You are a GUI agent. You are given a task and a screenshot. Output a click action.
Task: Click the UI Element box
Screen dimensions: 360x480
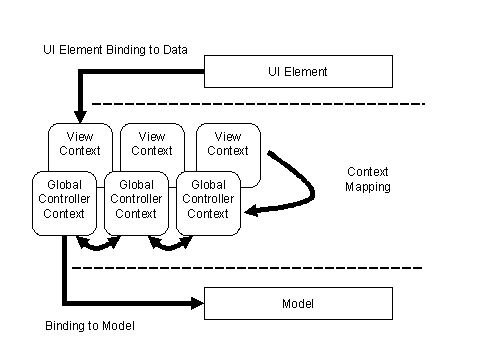tap(298, 72)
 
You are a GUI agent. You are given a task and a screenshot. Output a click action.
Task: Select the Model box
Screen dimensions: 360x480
tap(298, 303)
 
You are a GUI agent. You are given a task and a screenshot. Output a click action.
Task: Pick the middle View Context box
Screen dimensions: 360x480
tap(151, 144)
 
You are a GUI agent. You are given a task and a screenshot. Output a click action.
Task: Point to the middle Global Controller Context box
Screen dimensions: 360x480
tap(136, 200)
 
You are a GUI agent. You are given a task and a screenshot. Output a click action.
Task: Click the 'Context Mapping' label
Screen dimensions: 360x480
tap(367, 179)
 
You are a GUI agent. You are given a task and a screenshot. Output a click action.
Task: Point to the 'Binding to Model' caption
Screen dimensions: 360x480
tap(89, 326)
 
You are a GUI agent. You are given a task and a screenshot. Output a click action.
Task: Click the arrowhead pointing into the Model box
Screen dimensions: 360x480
tap(195, 303)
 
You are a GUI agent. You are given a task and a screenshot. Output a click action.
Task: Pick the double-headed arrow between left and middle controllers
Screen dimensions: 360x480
tap(100, 243)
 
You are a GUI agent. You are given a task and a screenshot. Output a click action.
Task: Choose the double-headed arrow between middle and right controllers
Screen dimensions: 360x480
tap(172, 243)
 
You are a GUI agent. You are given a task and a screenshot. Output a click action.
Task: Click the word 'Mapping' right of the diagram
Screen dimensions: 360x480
tap(367, 186)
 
